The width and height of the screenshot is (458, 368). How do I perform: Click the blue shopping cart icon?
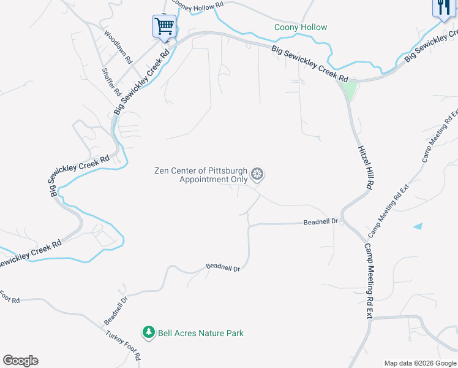(x=163, y=26)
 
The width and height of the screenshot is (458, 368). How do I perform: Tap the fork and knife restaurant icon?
(x=443, y=8)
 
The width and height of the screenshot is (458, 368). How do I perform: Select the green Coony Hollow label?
(x=301, y=28)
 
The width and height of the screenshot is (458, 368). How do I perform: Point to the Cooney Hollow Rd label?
(x=198, y=4)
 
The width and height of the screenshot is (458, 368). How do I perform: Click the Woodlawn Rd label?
(x=118, y=48)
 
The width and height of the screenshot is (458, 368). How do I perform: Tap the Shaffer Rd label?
(x=111, y=82)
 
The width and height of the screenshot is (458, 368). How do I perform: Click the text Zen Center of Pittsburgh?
(x=200, y=171)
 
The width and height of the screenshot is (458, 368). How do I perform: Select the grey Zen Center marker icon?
(x=258, y=175)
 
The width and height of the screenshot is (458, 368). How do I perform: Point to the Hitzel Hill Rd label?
(x=365, y=167)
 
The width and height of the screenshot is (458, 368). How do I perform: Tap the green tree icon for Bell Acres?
(x=148, y=333)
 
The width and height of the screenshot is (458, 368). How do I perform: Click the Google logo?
(x=20, y=361)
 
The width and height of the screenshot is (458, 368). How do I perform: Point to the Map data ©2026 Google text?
(x=420, y=363)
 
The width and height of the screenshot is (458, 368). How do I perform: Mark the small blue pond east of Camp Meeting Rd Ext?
(x=418, y=226)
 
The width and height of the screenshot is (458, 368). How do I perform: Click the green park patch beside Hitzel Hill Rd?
(x=349, y=90)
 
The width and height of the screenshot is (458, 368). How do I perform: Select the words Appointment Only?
(x=213, y=180)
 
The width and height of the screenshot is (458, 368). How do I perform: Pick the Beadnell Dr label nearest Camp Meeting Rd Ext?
(x=321, y=221)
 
